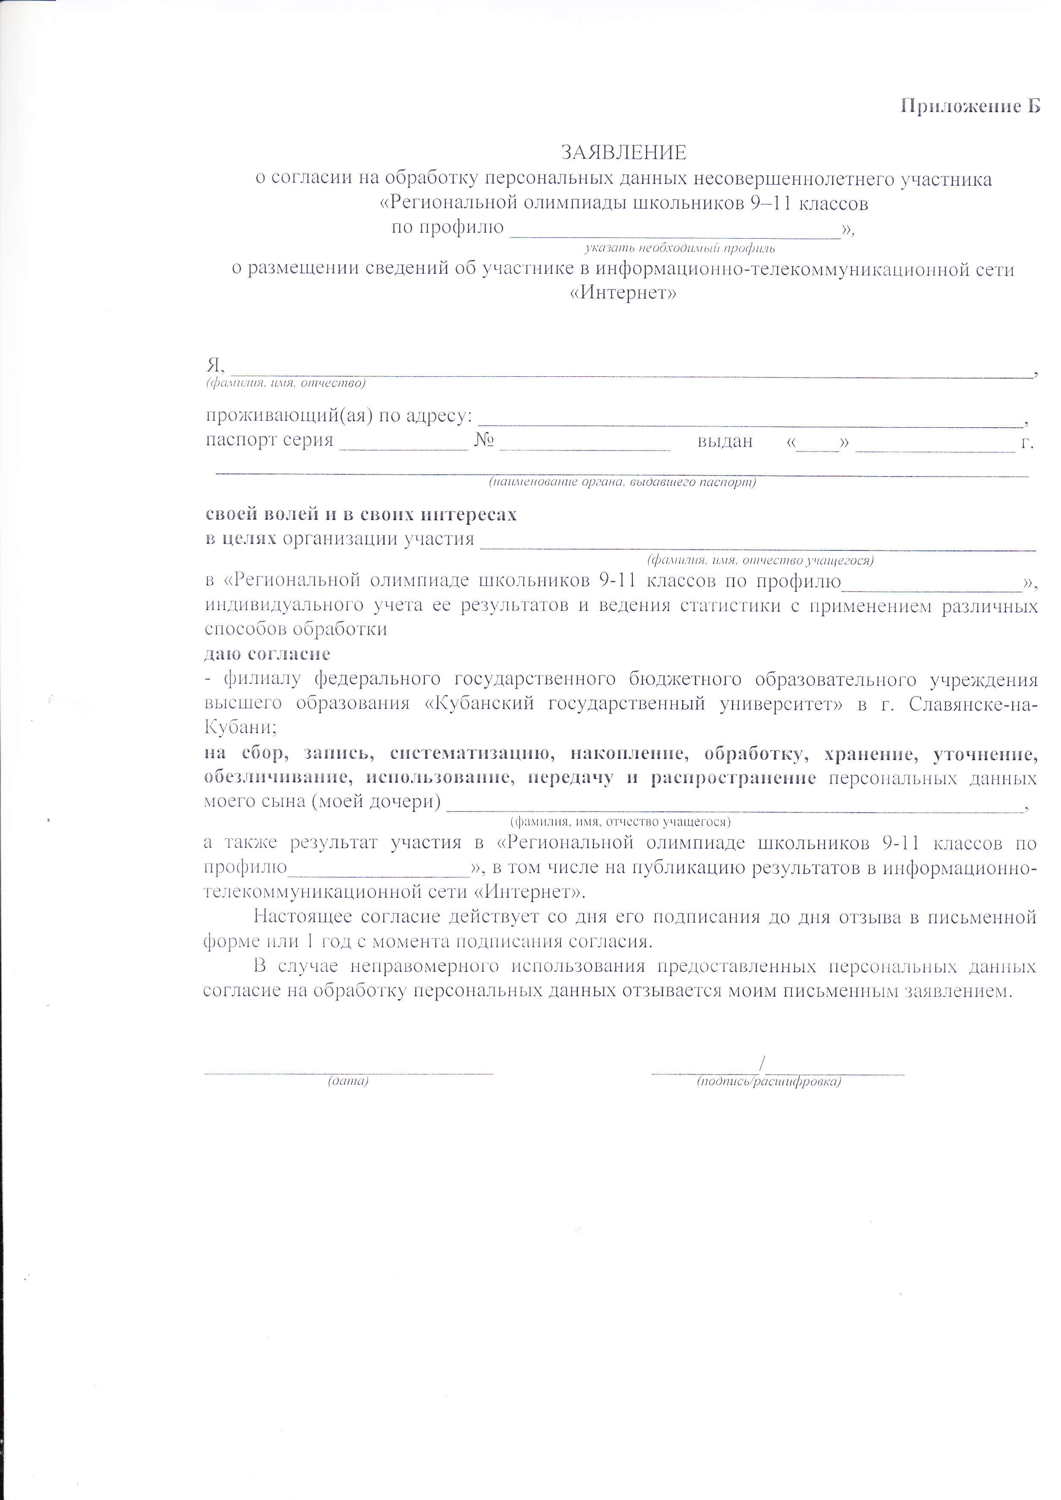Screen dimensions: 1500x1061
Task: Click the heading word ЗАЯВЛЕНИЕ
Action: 624,153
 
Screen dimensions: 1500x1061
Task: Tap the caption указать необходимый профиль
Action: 679,248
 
